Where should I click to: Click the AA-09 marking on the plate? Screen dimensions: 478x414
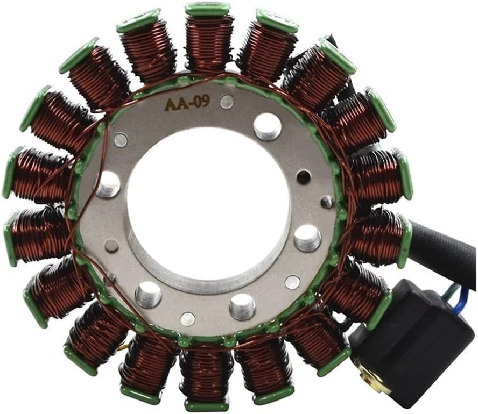coord(187,102)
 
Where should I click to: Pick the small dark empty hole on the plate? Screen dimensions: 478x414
coord(303,177)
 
